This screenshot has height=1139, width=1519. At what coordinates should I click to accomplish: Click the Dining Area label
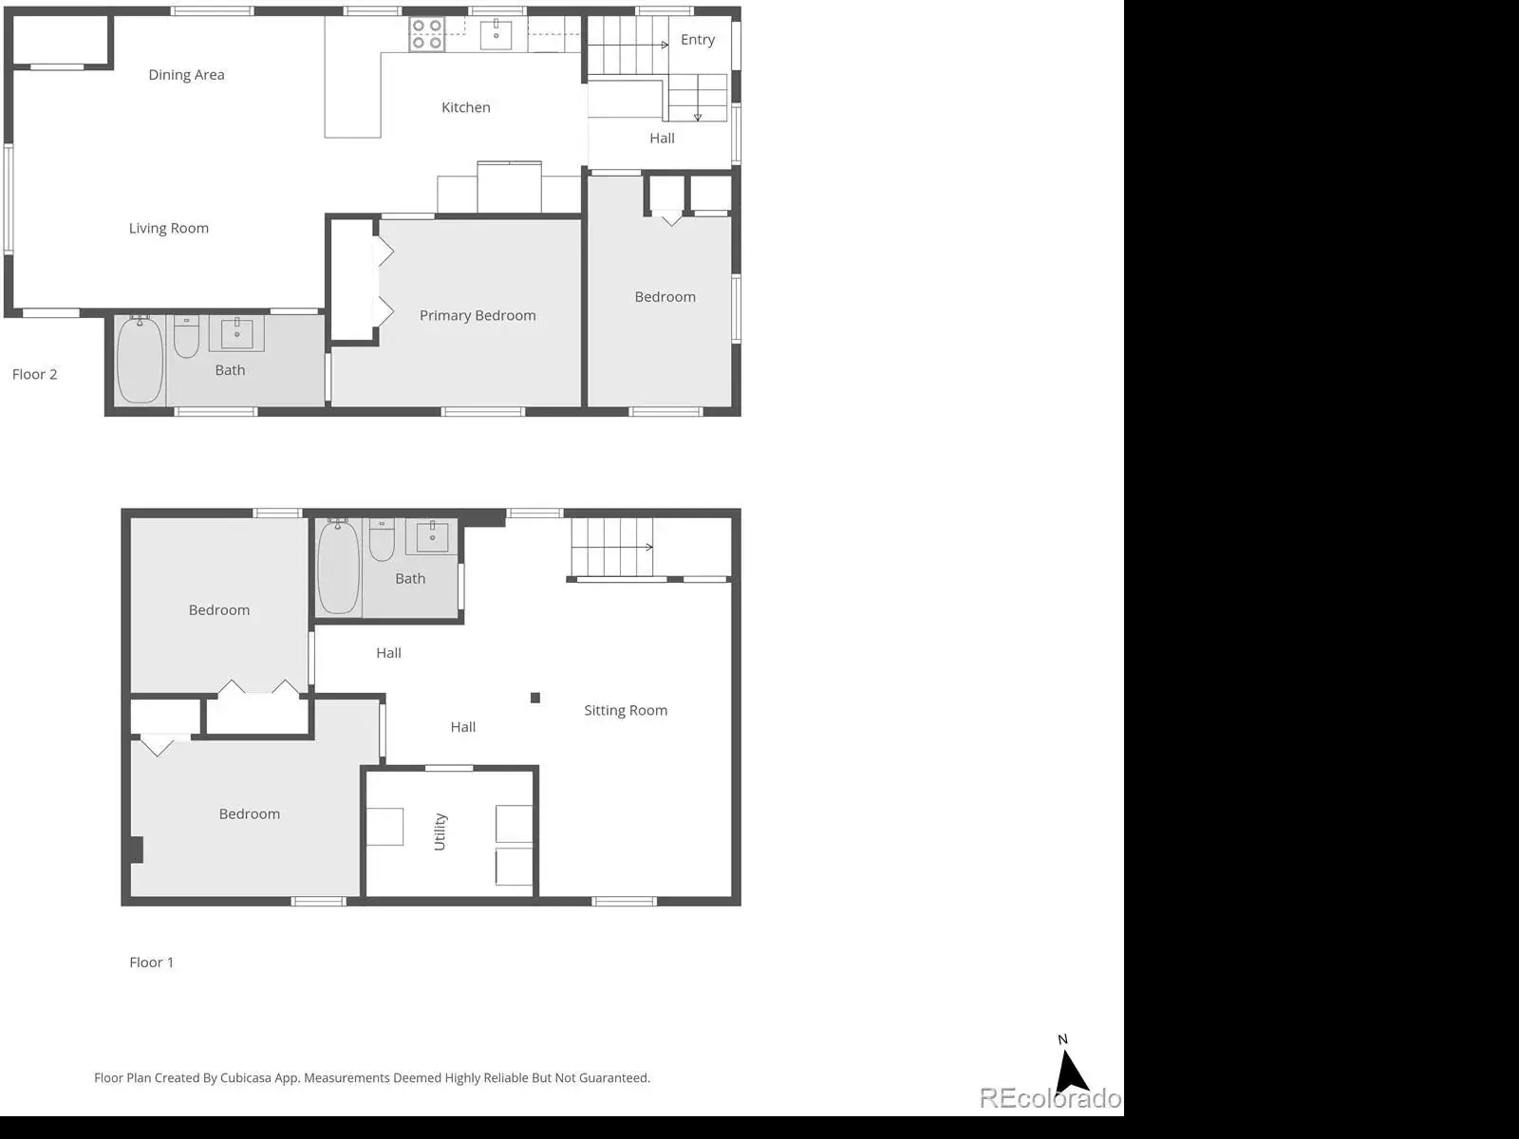(x=186, y=75)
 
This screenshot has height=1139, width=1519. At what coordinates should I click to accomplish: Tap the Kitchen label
(x=466, y=107)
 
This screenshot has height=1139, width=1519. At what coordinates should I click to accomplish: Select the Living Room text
(x=169, y=228)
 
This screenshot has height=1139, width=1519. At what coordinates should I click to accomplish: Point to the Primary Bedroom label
(x=478, y=315)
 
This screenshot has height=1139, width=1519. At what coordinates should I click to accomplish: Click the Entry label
(x=698, y=40)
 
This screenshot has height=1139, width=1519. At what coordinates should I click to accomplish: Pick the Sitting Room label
(x=626, y=710)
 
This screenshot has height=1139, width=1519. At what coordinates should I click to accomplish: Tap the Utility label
(x=440, y=831)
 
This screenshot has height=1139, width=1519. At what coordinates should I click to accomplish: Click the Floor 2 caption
(x=34, y=374)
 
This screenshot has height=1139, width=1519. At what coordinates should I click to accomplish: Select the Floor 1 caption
(x=152, y=962)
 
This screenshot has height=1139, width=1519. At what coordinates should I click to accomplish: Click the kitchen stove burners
(x=426, y=34)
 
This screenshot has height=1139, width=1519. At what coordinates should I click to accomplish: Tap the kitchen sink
(x=497, y=35)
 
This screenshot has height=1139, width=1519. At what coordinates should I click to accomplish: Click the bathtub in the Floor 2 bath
(x=140, y=360)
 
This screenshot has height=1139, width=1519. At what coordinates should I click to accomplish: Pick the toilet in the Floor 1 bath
(x=382, y=540)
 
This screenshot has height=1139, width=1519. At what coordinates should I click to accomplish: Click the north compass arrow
(x=1070, y=1071)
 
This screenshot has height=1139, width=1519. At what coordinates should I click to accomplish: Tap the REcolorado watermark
(x=1051, y=1097)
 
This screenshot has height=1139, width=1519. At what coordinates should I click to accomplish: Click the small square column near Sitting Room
(x=534, y=698)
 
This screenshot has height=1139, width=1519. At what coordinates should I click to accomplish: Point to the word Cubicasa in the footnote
(x=245, y=1077)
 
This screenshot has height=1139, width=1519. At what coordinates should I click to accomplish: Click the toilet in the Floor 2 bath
(x=186, y=337)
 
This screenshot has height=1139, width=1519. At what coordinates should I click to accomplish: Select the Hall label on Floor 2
(x=663, y=139)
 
